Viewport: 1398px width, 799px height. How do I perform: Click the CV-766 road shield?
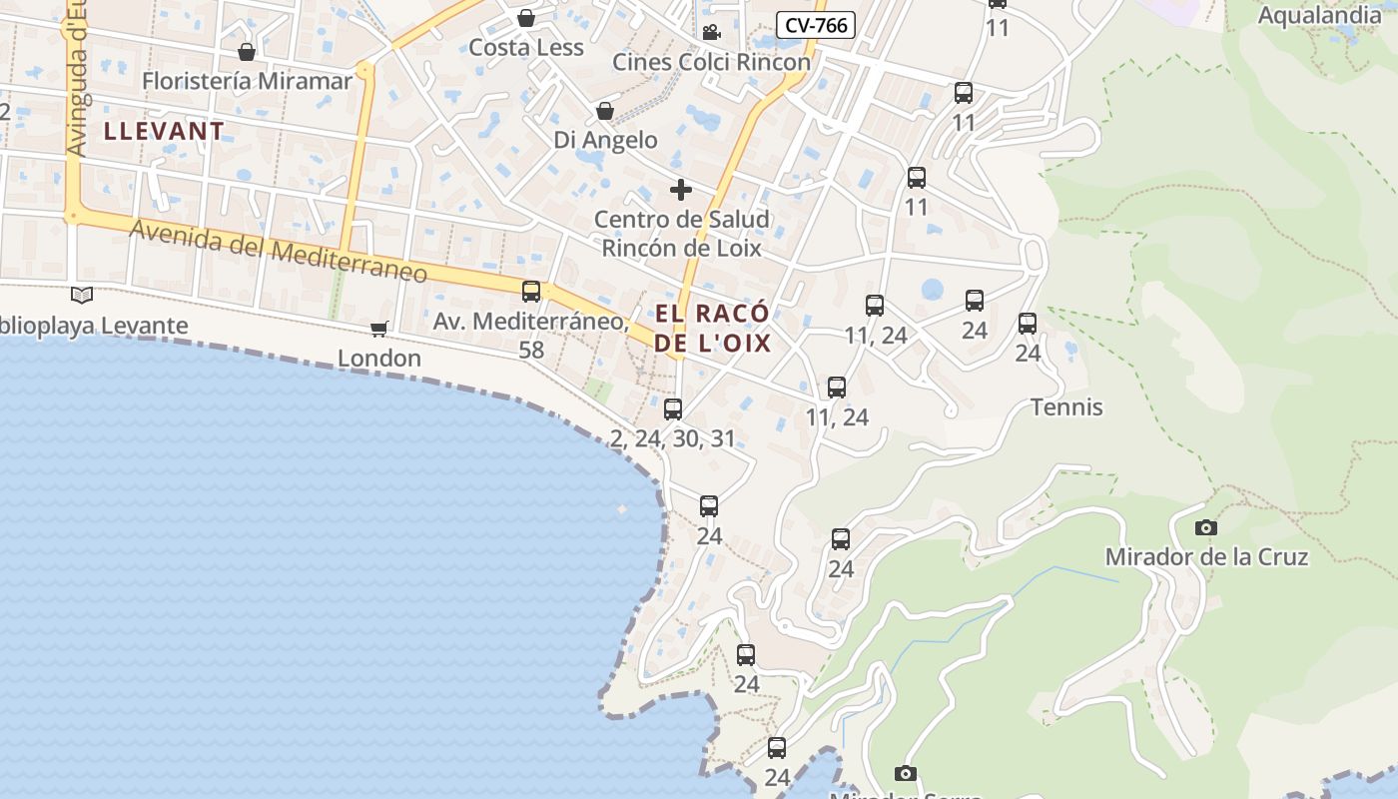pos(816,25)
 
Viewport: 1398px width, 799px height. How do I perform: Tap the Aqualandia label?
pos(1318,15)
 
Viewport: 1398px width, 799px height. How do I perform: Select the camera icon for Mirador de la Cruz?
pos(1206,527)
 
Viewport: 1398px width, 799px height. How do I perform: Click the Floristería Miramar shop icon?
pos(247,51)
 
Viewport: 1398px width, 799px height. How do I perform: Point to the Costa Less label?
pos(526,47)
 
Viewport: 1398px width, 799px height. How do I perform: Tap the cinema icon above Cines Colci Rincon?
pos(711,32)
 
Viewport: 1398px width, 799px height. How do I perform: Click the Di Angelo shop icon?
pos(605,110)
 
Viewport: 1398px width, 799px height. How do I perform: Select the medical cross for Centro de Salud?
pos(681,190)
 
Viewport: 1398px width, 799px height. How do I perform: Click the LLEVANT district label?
pos(164,131)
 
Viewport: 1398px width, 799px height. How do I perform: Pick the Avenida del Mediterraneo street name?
pos(279,249)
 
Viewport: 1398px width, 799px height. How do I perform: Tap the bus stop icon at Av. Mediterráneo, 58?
pos(531,292)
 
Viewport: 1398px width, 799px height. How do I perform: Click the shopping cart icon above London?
pos(378,329)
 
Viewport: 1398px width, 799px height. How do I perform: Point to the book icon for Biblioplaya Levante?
pos(82,295)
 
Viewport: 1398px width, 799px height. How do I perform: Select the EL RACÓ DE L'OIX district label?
pos(713,328)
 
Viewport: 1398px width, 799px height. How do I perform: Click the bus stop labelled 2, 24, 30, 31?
pos(673,408)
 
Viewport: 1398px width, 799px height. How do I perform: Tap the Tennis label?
pos(1066,406)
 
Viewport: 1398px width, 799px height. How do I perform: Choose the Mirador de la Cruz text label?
pos(1206,556)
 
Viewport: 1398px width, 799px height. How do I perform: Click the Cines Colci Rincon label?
pos(711,62)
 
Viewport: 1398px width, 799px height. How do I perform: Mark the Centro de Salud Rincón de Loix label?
pos(681,233)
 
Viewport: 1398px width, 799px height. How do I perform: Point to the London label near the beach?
pos(378,358)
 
